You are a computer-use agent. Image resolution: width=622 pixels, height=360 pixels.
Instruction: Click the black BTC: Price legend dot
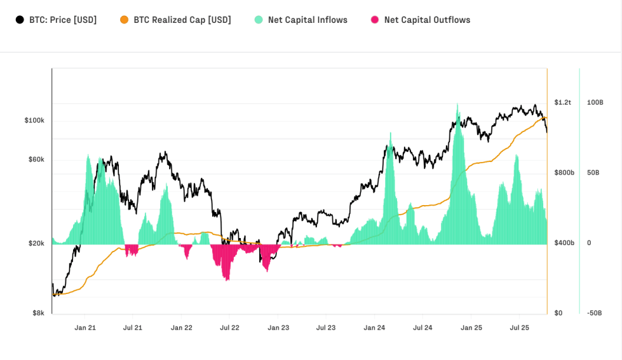(x=20, y=20)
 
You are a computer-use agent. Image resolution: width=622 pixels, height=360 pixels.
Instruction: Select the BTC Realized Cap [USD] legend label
(x=182, y=20)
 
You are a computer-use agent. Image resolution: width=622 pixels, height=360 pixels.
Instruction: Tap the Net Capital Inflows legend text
(x=308, y=20)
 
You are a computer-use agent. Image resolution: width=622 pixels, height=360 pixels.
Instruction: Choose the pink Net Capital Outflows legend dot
(x=375, y=20)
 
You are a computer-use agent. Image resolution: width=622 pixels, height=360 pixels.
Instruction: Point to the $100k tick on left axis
(x=34, y=121)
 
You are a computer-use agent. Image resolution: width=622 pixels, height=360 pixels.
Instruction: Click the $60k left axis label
(x=36, y=159)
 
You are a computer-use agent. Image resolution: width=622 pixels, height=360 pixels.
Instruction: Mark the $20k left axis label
(x=36, y=243)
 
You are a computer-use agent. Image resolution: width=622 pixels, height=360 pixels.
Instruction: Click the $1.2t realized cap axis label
(x=562, y=102)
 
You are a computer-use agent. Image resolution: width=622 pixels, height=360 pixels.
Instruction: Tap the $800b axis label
(x=564, y=173)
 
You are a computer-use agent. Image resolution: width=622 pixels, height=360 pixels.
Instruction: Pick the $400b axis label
(x=564, y=243)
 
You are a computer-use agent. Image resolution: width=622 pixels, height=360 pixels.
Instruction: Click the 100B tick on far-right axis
(x=595, y=102)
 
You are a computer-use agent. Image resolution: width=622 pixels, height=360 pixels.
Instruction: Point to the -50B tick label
(x=595, y=313)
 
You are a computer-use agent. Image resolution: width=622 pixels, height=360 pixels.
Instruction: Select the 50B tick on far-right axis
(x=593, y=173)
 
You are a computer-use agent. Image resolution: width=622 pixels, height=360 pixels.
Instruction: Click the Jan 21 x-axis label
(x=85, y=328)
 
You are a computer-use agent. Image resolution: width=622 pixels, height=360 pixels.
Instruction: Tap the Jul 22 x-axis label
(x=229, y=328)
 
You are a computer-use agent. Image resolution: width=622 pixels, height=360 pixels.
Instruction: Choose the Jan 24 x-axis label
(x=374, y=328)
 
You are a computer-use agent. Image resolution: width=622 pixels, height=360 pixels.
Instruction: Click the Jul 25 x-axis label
(x=519, y=328)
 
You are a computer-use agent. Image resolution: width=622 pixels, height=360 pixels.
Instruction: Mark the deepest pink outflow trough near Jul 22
(x=227, y=279)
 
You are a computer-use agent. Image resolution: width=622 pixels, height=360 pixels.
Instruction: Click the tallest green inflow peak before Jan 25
(x=457, y=105)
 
